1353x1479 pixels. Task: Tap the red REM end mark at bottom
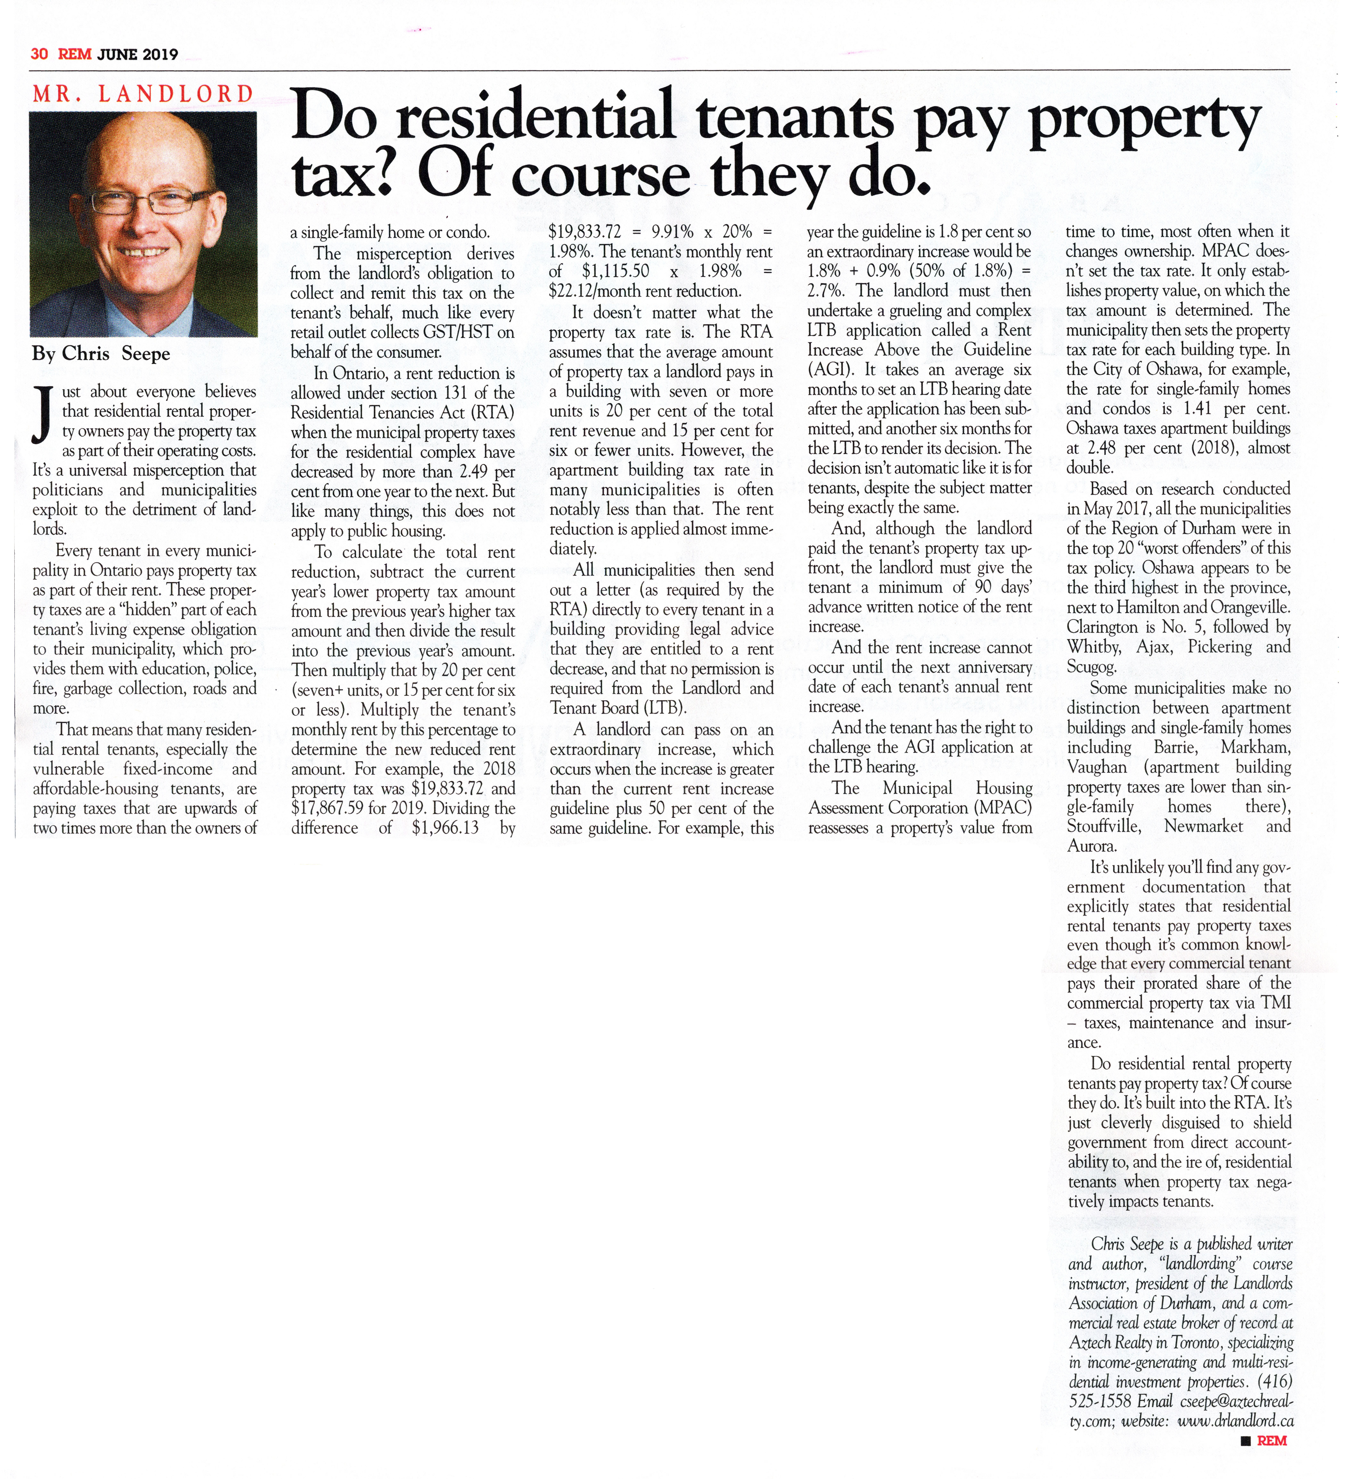coord(1272,1441)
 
